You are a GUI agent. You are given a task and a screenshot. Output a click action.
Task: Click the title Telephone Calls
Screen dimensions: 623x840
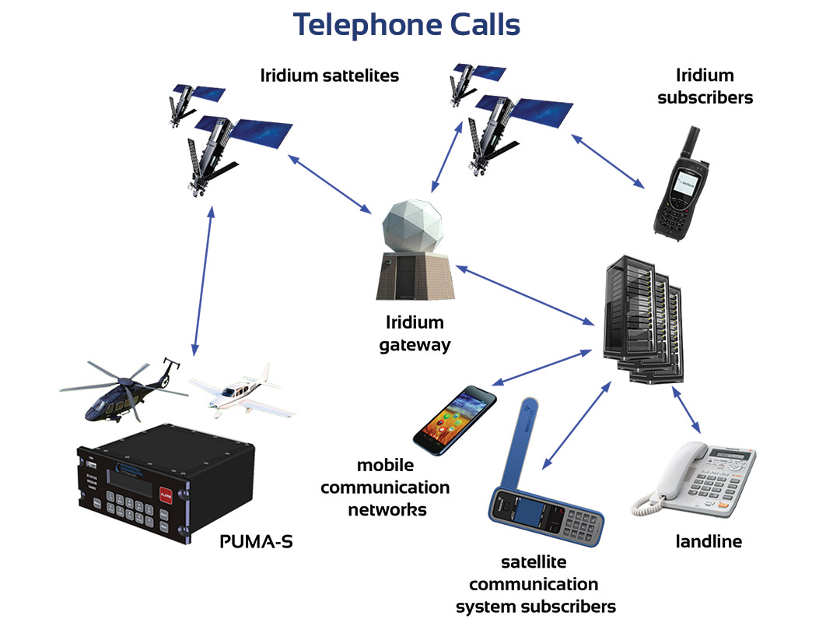pos(406,25)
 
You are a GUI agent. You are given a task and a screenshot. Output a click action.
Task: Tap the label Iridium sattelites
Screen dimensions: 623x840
pos(330,76)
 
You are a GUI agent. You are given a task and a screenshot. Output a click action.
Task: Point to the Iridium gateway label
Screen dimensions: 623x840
pos(415,333)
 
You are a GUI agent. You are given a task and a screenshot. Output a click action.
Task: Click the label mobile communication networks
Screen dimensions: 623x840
pos(385,487)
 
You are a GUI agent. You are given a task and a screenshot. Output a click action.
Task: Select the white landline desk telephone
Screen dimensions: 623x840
pos(694,478)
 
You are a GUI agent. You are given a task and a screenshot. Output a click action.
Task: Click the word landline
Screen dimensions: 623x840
pos(709,541)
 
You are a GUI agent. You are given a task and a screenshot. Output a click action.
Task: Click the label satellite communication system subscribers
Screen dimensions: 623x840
pos(535,584)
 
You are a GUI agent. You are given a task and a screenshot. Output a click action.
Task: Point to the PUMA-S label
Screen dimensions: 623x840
pos(256,540)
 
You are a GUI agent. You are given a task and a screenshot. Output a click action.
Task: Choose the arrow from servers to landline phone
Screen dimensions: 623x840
pos(687,410)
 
